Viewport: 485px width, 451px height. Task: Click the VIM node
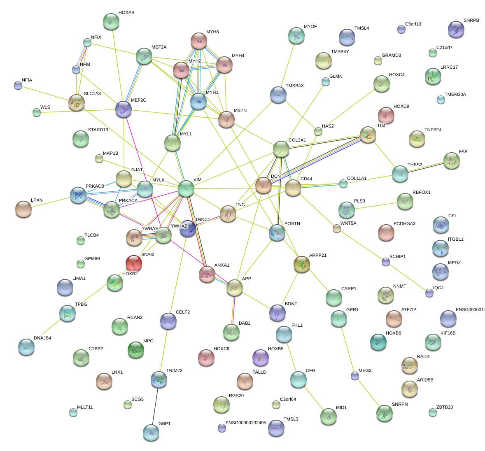click(186, 188)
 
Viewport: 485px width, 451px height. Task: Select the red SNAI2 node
click(134, 263)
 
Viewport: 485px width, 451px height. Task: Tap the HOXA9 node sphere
click(111, 21)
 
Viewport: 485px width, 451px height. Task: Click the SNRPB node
click(456, 29)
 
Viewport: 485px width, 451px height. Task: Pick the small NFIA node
click(18, 85)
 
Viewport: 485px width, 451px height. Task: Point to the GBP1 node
click(151, 432)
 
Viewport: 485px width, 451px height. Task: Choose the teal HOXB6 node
click(378, 342)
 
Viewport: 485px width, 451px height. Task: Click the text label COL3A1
click(297, 140)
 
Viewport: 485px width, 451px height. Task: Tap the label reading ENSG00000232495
click(246, 423)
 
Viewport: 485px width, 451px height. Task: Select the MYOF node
click(296, 36)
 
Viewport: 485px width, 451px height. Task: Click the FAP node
click(452, 160)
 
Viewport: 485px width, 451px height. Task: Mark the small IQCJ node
click(429, 293)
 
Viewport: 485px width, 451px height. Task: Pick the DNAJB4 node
click(26, 347)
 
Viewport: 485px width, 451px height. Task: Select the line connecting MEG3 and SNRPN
click(369, 394)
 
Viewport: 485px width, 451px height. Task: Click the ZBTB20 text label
click(445, 407)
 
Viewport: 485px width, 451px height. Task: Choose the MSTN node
click(226, 119)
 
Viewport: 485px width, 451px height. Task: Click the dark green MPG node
click(136, 350)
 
